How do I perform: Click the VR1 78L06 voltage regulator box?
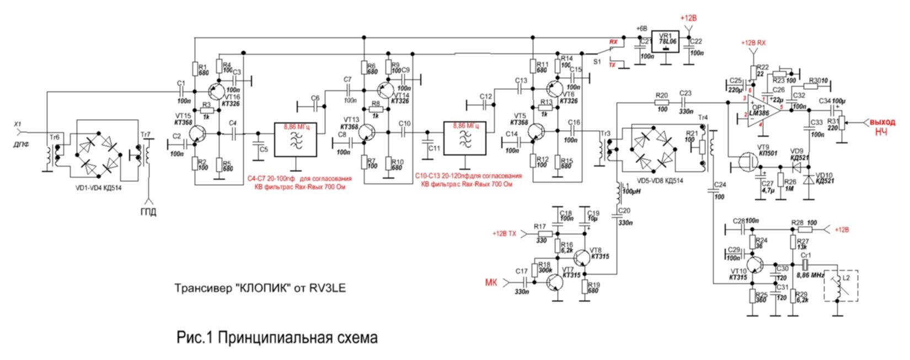(x=666, y=41)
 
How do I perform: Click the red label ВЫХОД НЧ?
(x=882, y=127)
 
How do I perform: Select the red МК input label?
(x=490, y=282)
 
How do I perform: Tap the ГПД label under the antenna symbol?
(x=147, y=212)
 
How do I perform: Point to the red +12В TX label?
(x=504, y=234)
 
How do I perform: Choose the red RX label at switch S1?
(x=613, y=42)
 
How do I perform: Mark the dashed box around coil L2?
(x=842, y=286)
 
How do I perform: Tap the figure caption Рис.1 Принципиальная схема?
(x=277, y=337)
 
